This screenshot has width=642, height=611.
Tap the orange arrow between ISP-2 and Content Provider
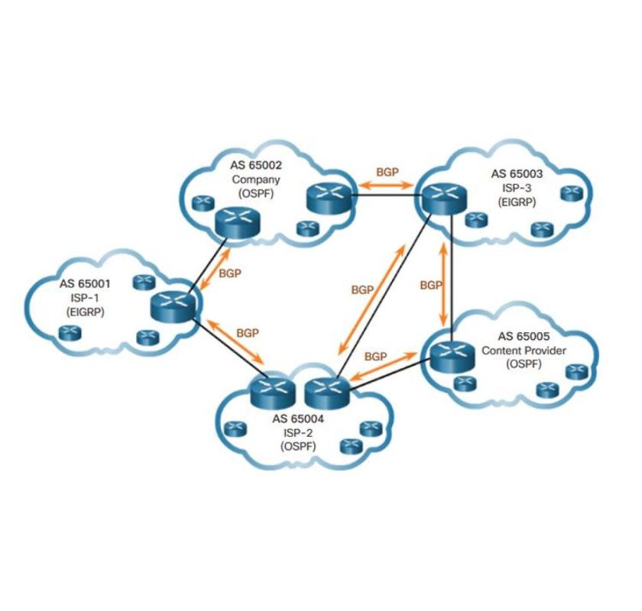coord(380,368)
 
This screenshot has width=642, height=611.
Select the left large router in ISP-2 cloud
coord(272,393)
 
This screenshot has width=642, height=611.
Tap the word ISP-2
coord(298,432)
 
